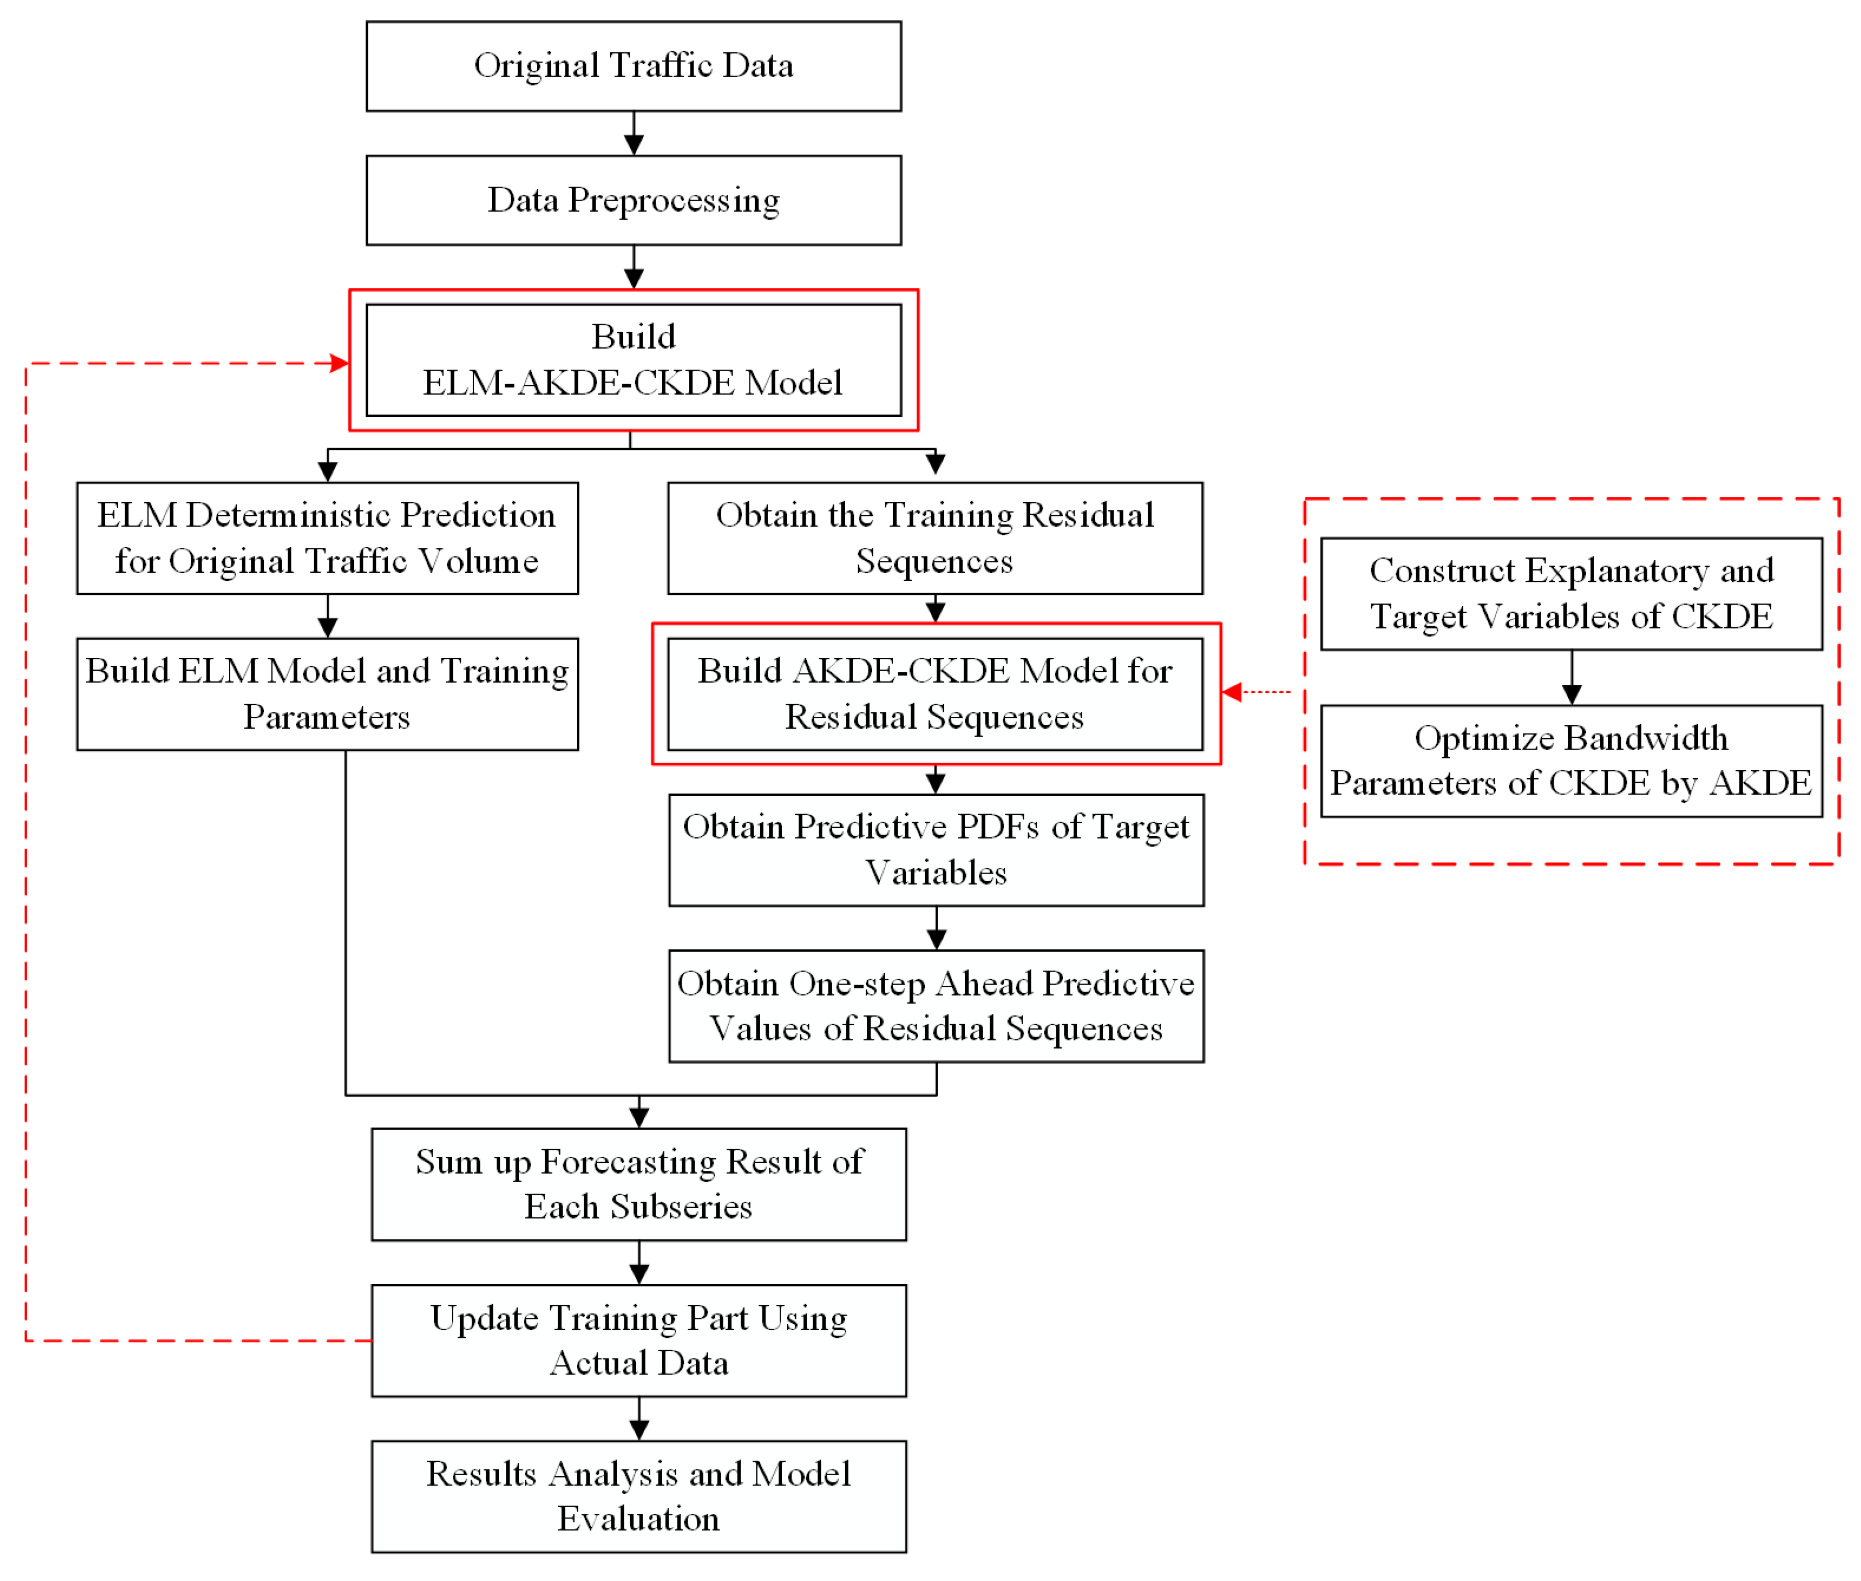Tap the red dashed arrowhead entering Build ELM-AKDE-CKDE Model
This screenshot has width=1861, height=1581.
(340, 363)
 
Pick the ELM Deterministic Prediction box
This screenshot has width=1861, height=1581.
(327, 538)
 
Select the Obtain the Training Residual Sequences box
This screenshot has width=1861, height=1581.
(934, 538)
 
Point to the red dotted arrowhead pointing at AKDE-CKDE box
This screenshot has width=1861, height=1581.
(1232, 692)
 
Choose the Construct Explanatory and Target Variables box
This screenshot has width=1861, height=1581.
(1571, 593)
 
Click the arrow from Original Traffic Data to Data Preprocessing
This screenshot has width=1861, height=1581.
(634, 134)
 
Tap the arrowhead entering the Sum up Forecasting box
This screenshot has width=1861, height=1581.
(639, 1117)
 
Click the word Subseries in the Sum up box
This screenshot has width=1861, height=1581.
(681, 1207)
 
